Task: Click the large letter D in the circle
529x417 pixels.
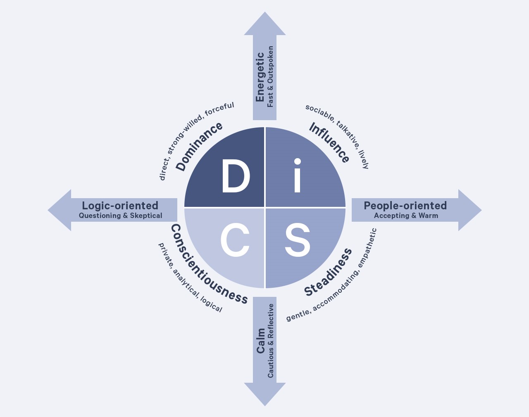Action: (236, 176)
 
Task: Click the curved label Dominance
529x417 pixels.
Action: (199, 147)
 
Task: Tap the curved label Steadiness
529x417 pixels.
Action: (328, 272)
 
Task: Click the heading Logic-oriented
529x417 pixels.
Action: (120, 206)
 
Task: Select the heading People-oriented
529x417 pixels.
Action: (405, 206)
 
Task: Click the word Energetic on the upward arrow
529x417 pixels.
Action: (260, 77)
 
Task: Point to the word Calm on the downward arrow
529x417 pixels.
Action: (261, 341)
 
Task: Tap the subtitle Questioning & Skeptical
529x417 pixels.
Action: (121, 216)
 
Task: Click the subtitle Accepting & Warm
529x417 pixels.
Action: (406, 216)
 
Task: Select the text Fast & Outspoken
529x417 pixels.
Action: (270, 77)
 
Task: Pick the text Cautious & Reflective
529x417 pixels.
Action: (271, 341)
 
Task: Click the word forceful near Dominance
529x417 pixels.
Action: (219, 109)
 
